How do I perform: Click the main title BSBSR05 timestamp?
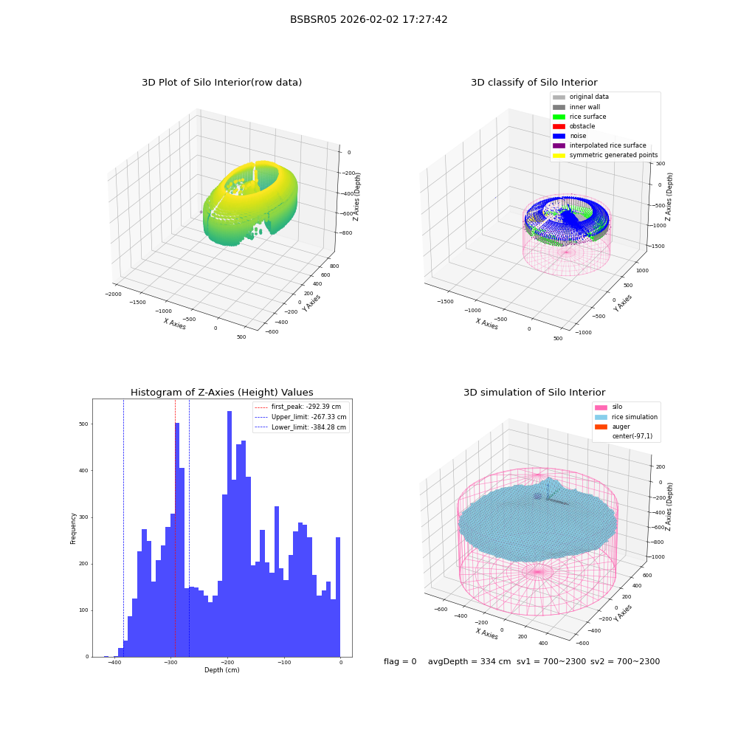coord(368,20)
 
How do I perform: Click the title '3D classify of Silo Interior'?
coord(534,83)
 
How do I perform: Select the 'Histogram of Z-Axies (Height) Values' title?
coord(221,393)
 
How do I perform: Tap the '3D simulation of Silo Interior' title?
coord(534,393)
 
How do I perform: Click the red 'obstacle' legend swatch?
coord(559,127)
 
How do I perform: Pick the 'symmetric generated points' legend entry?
coord(605,155)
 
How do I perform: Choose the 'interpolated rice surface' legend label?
coord(607,145)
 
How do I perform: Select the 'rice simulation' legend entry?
coord(626,417)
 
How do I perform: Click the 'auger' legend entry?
coord(613,427)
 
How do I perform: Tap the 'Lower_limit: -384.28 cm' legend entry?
coord(300,427)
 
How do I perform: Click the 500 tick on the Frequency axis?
coord(83,424)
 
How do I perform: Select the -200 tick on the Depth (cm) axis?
coord(227,662)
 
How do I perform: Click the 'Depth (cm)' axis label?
coord(221,670)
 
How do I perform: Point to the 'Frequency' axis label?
coord(73,528)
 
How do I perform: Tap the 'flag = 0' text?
coord(400,662)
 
